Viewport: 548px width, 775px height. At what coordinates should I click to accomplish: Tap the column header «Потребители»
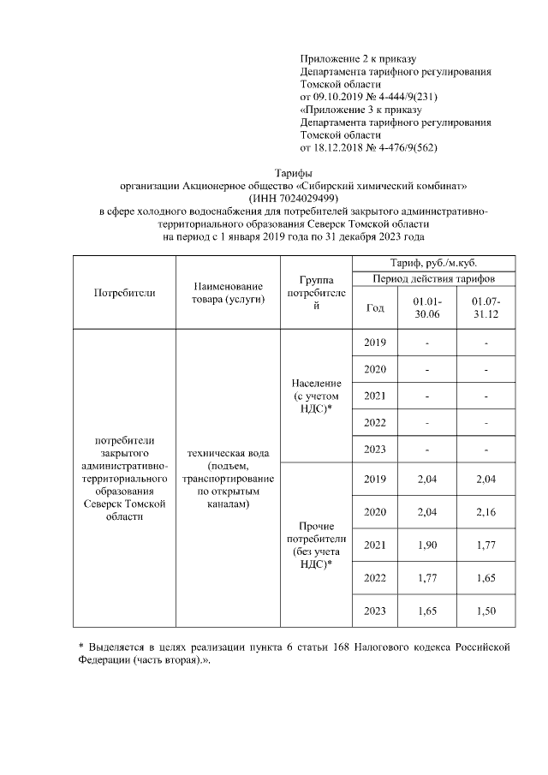[124, 292]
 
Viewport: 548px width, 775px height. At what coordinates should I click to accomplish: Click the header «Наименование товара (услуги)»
[228, 292]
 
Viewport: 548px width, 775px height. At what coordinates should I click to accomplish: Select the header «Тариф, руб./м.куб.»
[433, 263]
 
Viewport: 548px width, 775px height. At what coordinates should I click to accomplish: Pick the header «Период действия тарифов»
[433, 279]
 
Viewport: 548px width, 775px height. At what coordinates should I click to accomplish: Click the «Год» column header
[375, 308]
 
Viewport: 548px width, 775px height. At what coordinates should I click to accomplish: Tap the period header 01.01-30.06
[426, 308]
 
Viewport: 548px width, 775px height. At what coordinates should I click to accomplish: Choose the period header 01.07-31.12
[485, 308]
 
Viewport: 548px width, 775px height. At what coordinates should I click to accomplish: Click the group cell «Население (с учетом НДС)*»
[317, 396]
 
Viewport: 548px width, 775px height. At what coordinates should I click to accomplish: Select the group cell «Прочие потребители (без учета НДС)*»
[317, 545]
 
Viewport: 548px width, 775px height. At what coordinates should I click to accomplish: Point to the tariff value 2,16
[485, 511]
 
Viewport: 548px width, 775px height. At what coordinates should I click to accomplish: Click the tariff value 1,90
[426, 545]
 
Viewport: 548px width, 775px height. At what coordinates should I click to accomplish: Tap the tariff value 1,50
[485, 611]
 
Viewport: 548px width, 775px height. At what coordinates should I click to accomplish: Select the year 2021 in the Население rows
[375, 396]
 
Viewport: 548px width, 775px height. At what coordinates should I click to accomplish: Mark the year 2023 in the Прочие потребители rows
[375, 611]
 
